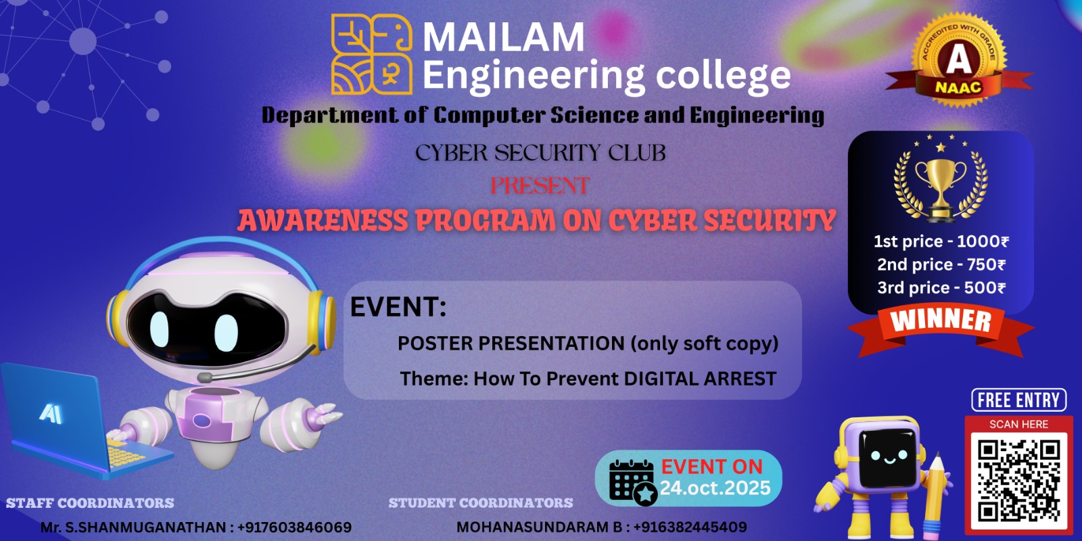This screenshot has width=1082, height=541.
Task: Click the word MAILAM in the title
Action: click(503, 37)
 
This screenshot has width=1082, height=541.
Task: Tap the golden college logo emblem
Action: click(371, 54)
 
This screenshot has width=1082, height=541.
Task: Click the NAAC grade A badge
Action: click(958, 60)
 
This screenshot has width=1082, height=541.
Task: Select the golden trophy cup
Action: click(941, 189)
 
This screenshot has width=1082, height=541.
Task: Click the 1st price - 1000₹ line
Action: click(941, 241)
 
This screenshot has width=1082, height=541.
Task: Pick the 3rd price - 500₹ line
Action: click(941, 287)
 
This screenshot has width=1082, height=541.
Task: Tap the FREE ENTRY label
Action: click(1018, 400)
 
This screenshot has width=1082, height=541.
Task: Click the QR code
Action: click(1018, 481)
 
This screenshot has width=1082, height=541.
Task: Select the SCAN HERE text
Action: click(1018, 424)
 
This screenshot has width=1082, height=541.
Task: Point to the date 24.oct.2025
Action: click(715, 488)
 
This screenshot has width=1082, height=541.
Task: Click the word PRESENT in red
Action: click(540, 185)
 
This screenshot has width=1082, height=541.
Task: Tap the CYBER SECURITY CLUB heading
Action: click(540, 153)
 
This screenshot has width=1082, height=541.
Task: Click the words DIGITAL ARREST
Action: click(700, 379)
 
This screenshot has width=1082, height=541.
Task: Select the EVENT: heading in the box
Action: click(398, 307)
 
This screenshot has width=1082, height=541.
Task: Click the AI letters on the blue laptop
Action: click(51, 413)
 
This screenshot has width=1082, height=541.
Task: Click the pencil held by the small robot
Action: click(936, 495)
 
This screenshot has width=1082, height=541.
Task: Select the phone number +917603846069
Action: click(294, 527)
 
